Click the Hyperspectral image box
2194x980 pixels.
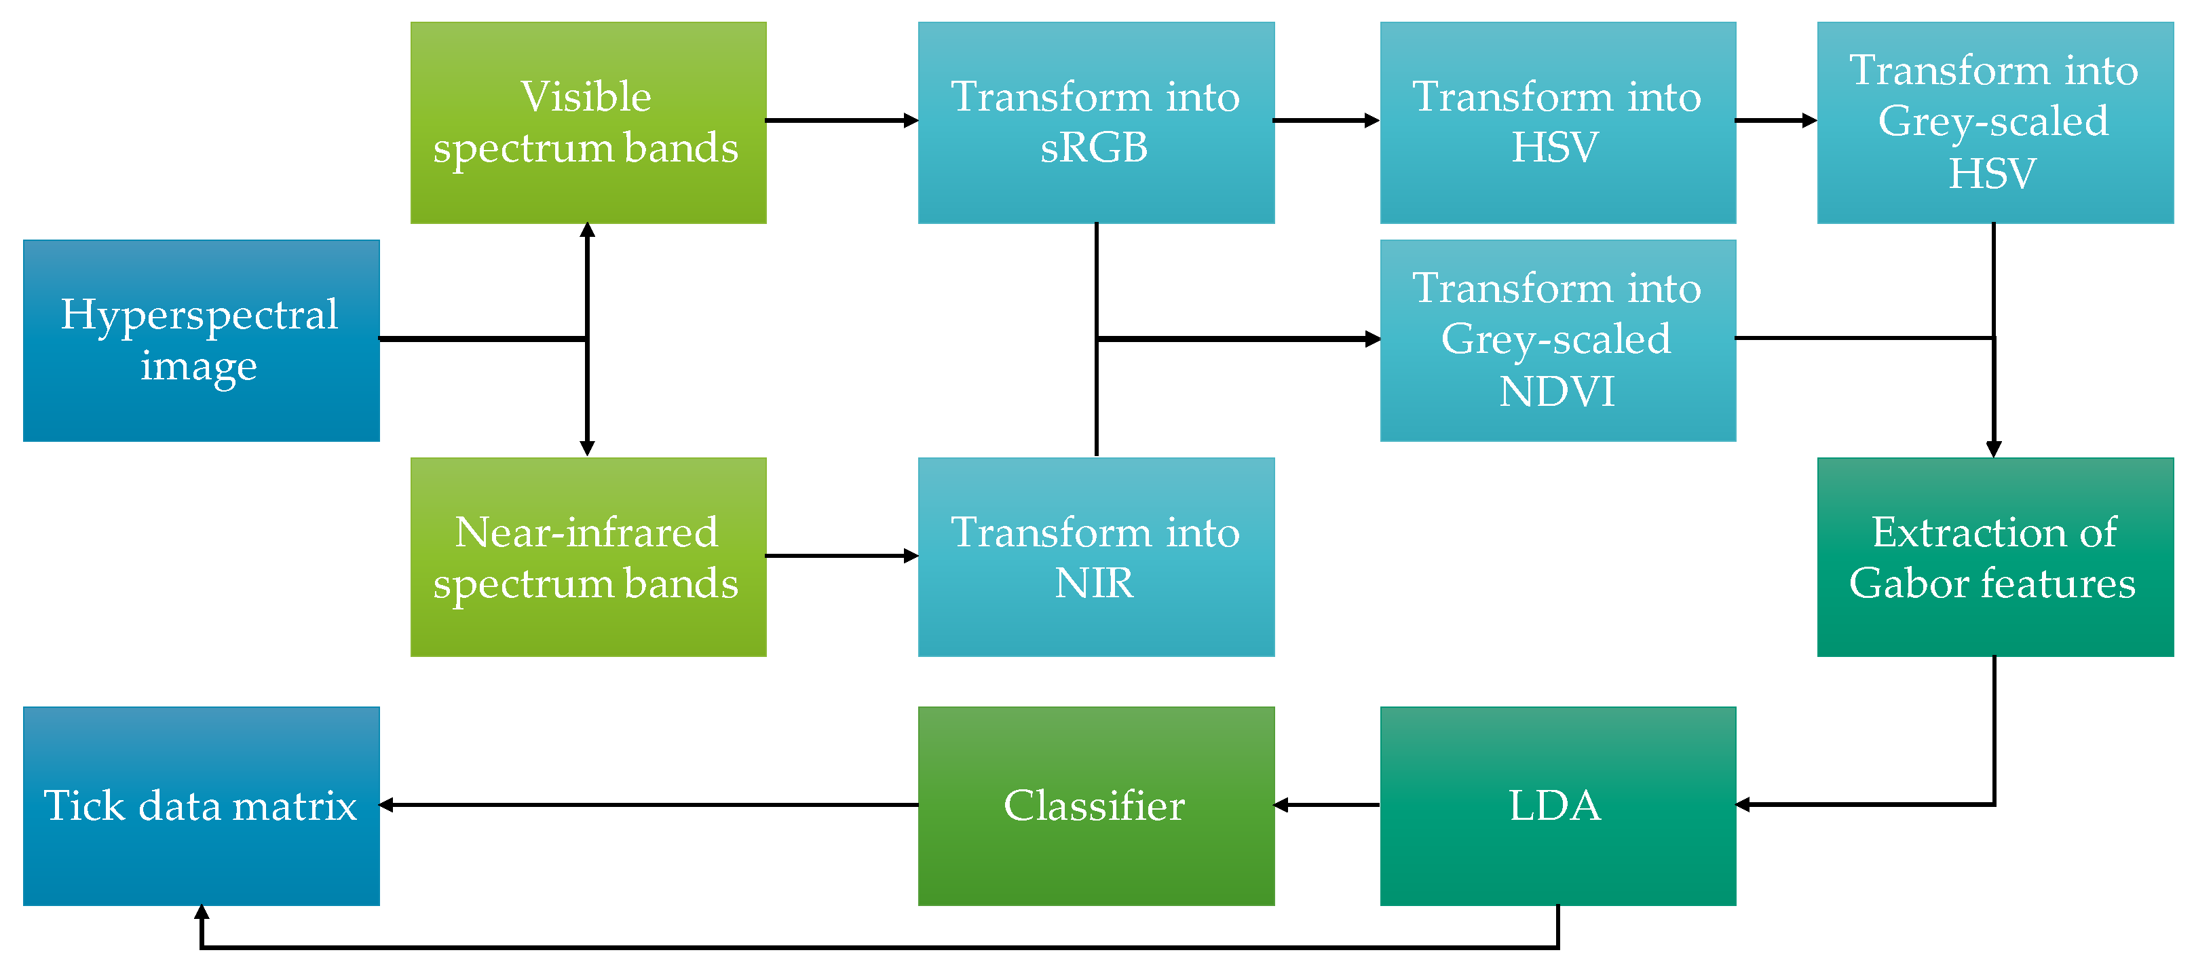click(201, 341)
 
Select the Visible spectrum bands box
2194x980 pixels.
click(588, 123)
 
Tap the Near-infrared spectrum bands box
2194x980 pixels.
click(588, 557)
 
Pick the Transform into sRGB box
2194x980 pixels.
click(1096, 123)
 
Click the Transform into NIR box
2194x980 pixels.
click(1096, 557)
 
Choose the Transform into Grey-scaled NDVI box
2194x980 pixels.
click(1557, 341)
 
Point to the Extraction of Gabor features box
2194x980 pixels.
click(1994, 557)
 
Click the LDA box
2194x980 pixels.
click(1557, 806)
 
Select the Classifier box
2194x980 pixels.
click(1096, 806)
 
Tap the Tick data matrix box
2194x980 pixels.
click(201, 806)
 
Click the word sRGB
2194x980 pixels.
click(1095, 148)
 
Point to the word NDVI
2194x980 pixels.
click(1557, 392)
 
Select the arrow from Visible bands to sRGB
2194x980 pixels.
click(841, 121)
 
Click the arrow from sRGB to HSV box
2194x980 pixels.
click(1326, 121)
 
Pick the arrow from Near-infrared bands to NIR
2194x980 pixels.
click(841, 556)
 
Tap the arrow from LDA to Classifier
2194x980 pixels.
click(1327, 805)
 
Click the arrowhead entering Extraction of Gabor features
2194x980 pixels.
click(1994, 449)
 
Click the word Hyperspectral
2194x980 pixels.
click(200, 314)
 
